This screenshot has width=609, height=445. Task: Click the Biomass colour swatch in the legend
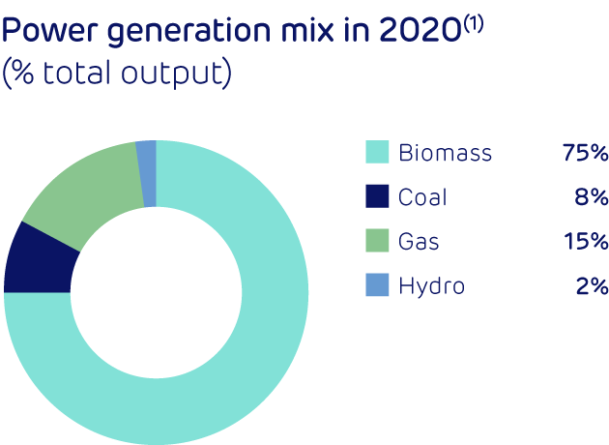pyautogui.click(x=377, y=153)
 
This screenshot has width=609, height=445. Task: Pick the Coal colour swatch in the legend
pyautogui.click(x=377, y=197)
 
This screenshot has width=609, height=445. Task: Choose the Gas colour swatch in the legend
pyautogui.click(x=377, y=242)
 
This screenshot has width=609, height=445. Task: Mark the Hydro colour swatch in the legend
pyautogui.click(x=377, y=286)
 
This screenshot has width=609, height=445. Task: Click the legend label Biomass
pyautogui.click(x=445, y=153)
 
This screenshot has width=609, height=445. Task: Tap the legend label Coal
pyautogui.click(x=423, y=197)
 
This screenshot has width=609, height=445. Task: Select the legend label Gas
pyautogui.click(x=419, y=242)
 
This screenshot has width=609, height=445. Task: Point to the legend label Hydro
pyautogui.click(x=431, y=286)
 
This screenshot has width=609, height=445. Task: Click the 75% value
pyautogui.click(x=584, y=153)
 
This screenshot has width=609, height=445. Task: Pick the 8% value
pyautogui.click(x=592, y=197)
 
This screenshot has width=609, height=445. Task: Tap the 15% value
pyautogui.click(x=586, y=242)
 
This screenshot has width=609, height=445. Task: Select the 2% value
pyautogui.click(x=592, y=286)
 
